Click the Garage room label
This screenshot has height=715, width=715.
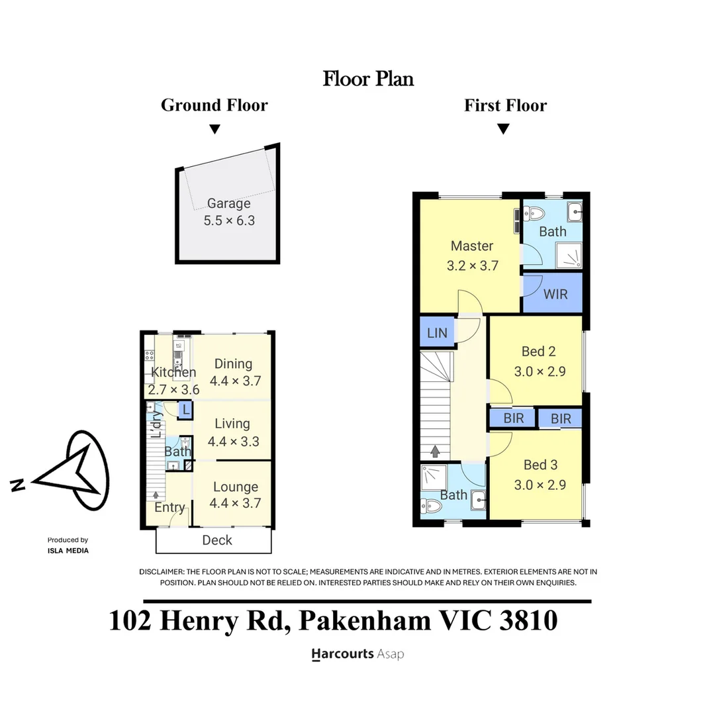tap(229, 203)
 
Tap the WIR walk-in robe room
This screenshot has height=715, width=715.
tap(552, 293)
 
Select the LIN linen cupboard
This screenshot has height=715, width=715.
tap(437, 333)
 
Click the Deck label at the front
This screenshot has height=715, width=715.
tap(217, 540)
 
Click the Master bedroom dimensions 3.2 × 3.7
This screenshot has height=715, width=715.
tap(473, 265)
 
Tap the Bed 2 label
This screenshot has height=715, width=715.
tap(538, 352)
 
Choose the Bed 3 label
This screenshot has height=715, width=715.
tap(540, 465)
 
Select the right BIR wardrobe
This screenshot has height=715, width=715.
tap(561, 418)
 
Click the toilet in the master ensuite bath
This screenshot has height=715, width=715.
tap(534, 213)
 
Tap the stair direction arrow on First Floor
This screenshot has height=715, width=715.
tap(435, 452)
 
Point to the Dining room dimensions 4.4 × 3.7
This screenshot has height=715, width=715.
tap(235, 381)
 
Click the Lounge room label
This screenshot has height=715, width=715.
tap(236, 487)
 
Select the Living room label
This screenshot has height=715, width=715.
tap(232, 424)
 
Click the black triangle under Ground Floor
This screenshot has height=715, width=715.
tap(215, 129)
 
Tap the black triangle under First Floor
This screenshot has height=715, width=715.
tap(503, 129)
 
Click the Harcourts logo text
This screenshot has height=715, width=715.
tap(343, 654)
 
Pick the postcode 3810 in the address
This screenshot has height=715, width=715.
tap(528, 620)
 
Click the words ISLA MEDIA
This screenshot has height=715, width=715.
tap(68, 550)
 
